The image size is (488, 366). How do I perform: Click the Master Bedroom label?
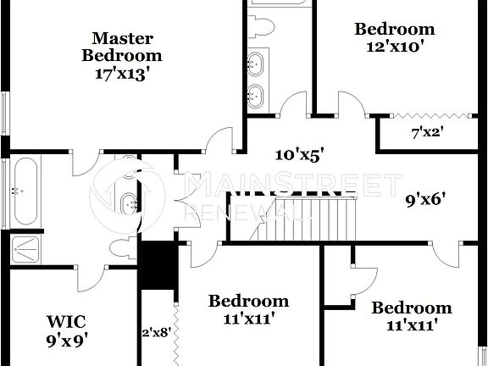(x=122, y=47)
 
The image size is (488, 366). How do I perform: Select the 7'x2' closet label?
(x=427, y=133)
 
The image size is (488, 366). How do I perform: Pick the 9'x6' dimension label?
(x=425, y=201)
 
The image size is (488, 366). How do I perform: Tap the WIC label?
(x=67, y=321)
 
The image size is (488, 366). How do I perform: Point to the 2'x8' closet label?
(x=155, y=333)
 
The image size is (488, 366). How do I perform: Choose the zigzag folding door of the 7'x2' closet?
(x=428, y=116)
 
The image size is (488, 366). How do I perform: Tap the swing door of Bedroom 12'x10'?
(x=351, y=106)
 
